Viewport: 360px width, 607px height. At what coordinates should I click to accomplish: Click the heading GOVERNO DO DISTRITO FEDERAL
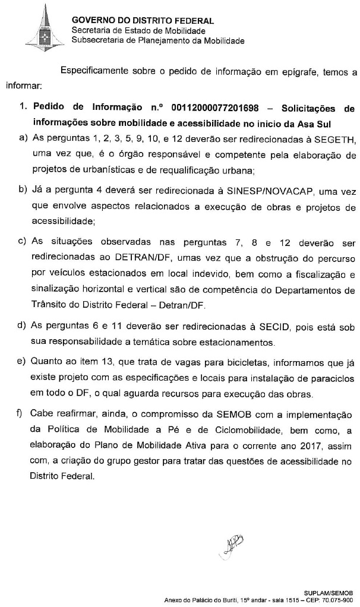point(142,21)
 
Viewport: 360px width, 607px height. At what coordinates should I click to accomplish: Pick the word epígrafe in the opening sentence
point(293,72)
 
